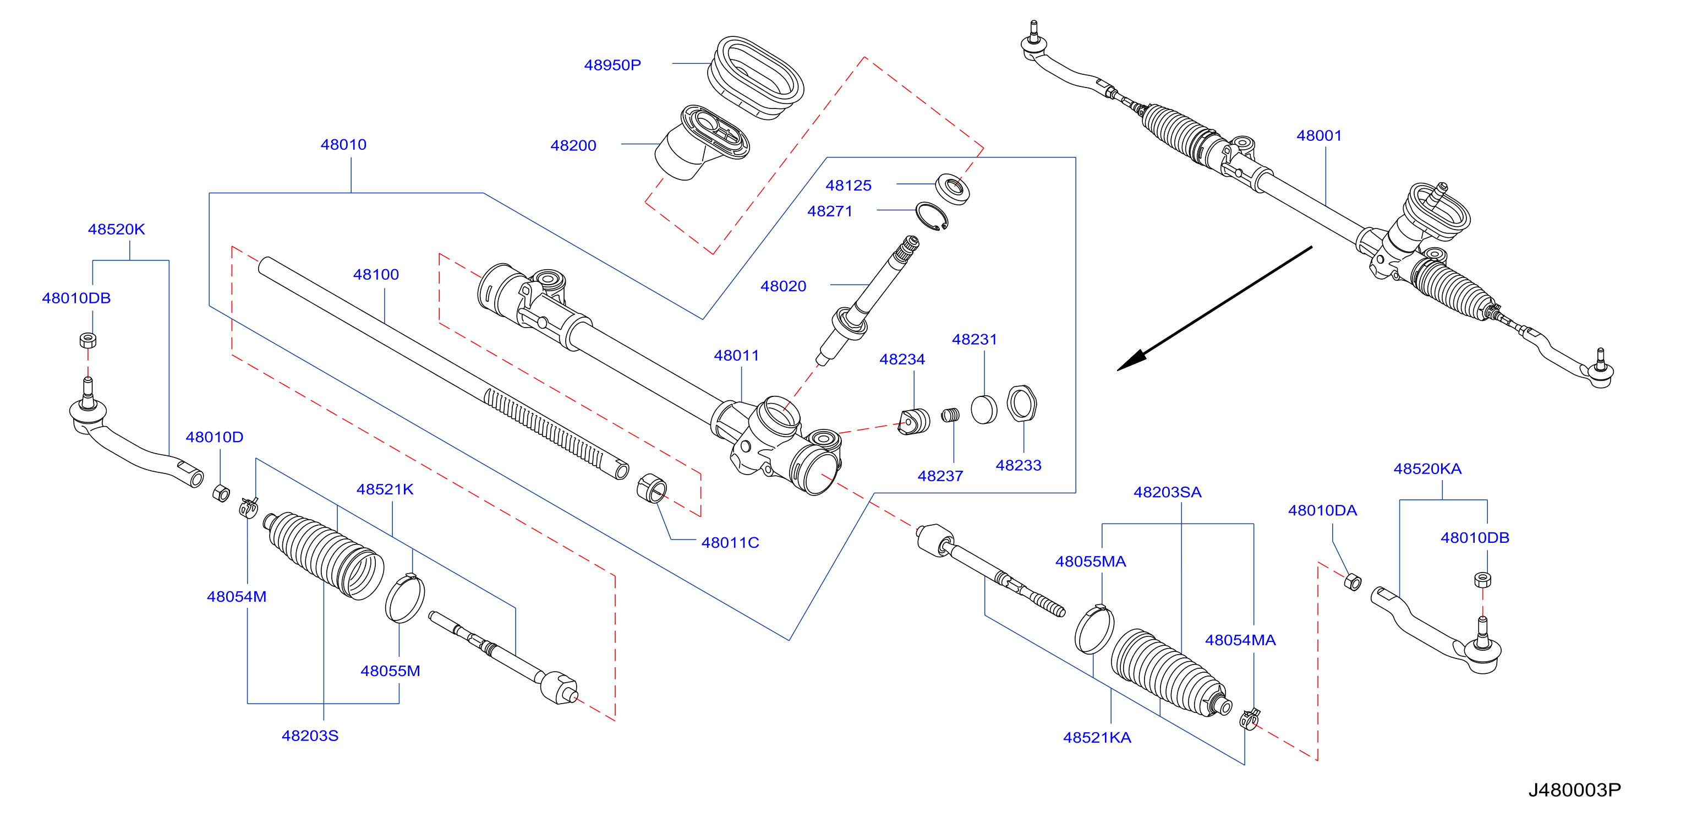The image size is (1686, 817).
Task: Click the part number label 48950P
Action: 612,65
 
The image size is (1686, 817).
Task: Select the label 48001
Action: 1319,135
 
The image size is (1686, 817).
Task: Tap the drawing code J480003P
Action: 1574,789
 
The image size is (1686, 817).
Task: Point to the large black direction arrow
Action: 1214,308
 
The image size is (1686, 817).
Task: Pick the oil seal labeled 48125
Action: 953,189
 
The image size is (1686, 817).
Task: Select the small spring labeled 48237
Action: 950,415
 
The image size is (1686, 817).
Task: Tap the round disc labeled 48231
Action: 984,410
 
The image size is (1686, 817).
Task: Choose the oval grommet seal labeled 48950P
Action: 756,79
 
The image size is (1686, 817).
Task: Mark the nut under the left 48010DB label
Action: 87,340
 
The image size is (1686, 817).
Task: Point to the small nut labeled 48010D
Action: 221,493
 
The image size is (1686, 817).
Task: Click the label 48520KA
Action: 1427,469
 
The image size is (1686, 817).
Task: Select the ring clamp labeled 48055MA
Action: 1094,629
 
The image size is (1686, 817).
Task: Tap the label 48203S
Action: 310,736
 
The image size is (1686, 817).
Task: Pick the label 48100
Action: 376,274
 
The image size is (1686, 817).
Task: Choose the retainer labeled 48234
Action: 915,421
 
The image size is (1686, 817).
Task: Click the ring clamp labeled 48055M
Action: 404,598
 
